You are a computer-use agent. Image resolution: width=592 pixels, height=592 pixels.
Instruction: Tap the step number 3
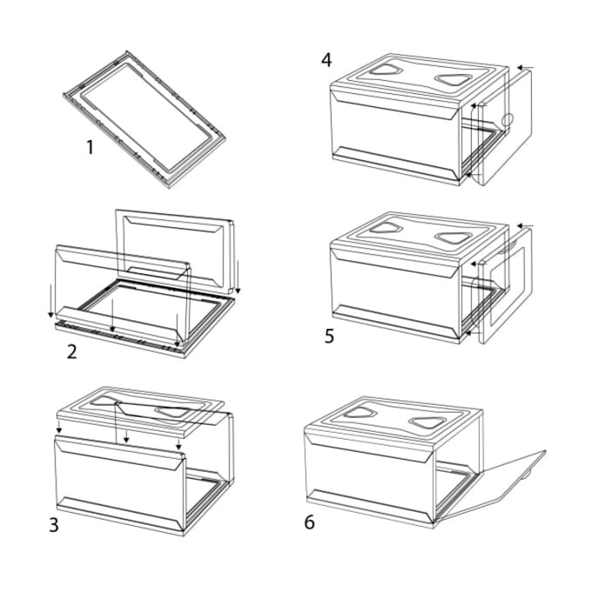point(55,524)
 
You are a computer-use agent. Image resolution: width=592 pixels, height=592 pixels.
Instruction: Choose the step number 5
point(329,336)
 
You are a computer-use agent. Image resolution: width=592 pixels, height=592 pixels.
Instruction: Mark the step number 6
point(310,522)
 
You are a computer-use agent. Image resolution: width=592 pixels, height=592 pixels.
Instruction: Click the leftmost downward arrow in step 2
point(51,296)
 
